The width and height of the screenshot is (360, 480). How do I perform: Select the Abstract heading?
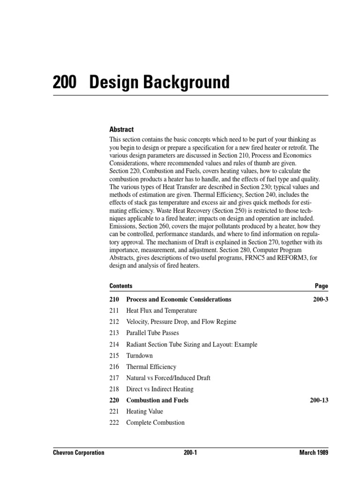(121, 129)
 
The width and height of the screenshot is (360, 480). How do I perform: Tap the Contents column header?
(121, 286)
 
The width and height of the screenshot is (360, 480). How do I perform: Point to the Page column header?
(322, 286)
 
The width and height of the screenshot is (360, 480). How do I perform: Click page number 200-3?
(321, 299)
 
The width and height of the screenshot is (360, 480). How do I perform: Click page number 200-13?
(319, 400)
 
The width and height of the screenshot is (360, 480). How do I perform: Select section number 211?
(114, 310)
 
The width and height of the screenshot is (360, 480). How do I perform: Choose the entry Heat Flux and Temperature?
(162, 310)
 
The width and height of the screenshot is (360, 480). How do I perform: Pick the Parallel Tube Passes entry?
(152, 333)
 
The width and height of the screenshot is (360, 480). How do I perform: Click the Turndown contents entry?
(140, 355)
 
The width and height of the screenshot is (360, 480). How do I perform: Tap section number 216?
(114, 367)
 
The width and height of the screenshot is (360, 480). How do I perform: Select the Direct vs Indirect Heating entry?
(160, 389)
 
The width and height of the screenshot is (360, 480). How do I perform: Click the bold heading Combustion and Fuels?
(157, 400)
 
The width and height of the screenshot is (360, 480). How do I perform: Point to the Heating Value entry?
(145, 412)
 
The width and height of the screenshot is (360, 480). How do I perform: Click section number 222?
(114, 423)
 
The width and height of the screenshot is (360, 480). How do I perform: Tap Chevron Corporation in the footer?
(78, 452)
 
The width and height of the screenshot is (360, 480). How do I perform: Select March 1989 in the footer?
(313, 452)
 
